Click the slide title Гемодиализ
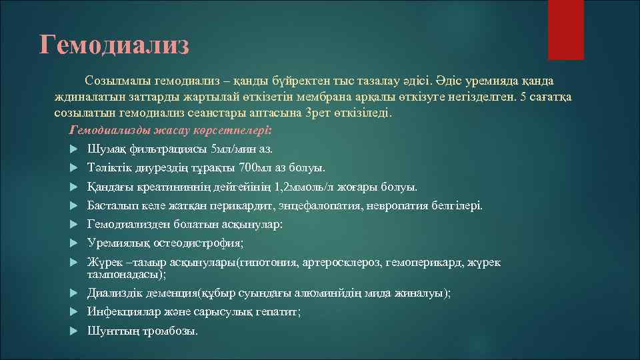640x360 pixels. (114, 45)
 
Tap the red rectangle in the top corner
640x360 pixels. (565, 29)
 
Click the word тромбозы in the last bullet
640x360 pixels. (170, 331)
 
